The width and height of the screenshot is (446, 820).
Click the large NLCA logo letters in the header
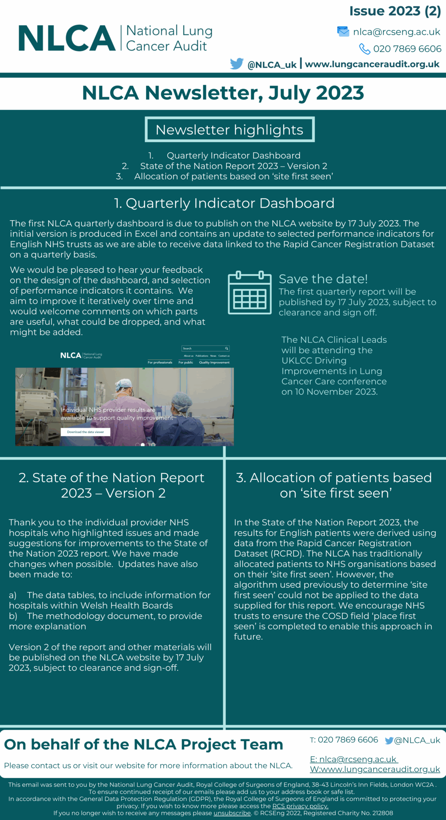[66, 38]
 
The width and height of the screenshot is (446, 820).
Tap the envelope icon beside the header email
[343, 32]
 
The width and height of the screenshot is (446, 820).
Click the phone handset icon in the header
[364, 49]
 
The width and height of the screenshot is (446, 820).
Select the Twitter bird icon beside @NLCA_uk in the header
[237, 64]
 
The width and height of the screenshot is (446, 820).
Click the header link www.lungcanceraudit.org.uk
[372, 64]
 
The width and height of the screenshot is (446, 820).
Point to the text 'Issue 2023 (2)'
[395, 11]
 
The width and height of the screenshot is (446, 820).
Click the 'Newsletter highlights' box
[229, 129]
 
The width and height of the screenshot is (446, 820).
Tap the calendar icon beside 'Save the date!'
[249, 293]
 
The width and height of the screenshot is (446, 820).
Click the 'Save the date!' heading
[323, 279]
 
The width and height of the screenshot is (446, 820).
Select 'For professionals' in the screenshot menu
[160, 362]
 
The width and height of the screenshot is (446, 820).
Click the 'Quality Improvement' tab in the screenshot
[214, 362]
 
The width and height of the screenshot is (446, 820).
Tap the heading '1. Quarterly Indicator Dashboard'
[224, 203]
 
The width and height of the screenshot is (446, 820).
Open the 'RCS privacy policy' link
[300, 806]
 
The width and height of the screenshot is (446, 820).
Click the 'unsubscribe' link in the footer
[232, 813]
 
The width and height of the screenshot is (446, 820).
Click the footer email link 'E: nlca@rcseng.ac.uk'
[353, 759]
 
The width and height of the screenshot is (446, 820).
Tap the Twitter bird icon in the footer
[389, 741]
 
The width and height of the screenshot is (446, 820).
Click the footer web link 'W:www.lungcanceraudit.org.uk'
[375, 769]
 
